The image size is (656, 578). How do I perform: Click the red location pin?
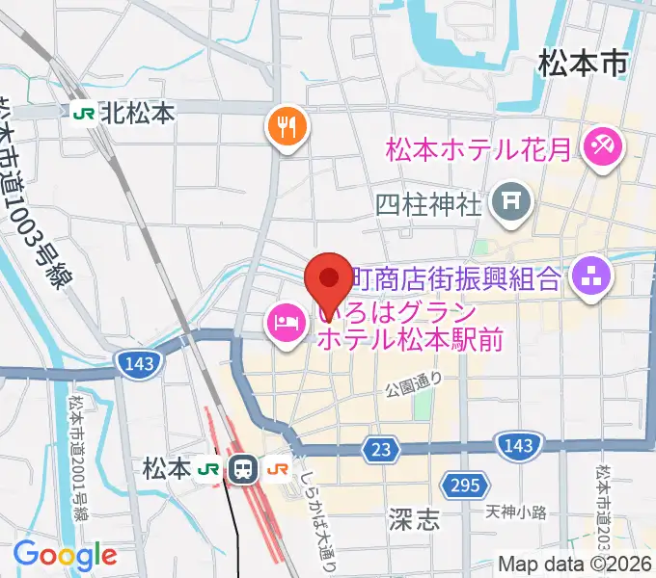pos(329,279)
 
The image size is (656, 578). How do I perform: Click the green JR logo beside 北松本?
pos(84,113)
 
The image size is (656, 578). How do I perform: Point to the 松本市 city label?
pos(583,65)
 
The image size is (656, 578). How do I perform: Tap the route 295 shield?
pos(462,485)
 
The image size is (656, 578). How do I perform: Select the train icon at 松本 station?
pos(243,469)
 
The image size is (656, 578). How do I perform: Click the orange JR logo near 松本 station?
pos(279,469)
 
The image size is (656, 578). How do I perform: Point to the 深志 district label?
pos(416,521)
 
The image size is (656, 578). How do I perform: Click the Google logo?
pos(66,554)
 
